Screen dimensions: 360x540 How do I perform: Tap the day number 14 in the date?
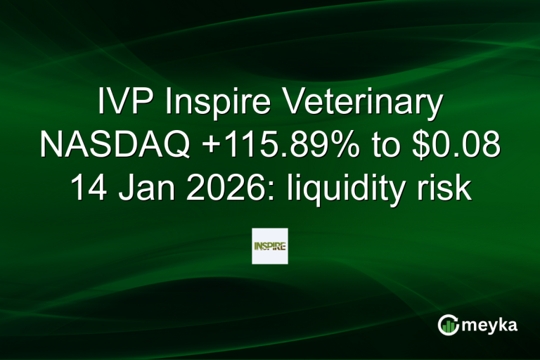click(x=86, y=188)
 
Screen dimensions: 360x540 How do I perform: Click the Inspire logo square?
click(x=270, y=246)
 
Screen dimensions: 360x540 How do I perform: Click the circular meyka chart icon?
click(x=447, y=325)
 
